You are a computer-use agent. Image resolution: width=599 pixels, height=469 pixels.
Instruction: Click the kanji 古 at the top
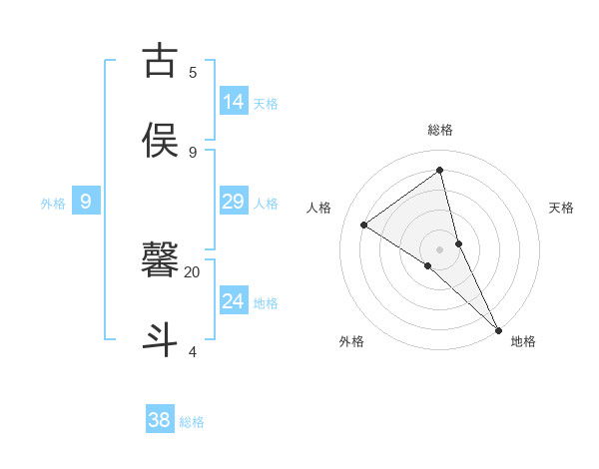point(161,61)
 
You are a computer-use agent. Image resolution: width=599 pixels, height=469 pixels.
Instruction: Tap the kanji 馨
point(161,259)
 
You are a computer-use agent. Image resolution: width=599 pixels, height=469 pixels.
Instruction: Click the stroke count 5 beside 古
point(193,72)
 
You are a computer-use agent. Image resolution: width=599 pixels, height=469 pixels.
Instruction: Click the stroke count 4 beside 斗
point(193,351)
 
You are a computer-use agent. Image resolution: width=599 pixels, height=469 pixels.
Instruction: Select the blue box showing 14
point(234,101)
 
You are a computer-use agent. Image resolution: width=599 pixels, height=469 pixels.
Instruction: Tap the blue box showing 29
point(234,201)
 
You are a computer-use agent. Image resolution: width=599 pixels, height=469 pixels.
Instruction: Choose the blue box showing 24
point(234,300)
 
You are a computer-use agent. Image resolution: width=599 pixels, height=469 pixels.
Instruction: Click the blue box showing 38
point(160,420)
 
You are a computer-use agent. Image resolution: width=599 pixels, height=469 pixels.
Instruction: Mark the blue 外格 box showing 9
point(86,201)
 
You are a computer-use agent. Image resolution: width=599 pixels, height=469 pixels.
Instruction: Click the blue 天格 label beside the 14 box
point(266,104)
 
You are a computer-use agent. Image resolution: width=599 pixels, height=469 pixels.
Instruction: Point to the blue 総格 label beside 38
point(192,423)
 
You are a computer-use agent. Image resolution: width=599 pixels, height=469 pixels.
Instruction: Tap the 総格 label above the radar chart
point(440,130)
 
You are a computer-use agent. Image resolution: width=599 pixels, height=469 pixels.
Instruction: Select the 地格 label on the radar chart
point(523,341)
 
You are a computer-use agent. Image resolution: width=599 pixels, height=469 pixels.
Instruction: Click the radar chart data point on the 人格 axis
point(364,225)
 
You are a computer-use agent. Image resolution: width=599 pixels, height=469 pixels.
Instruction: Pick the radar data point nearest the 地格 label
point(498,328)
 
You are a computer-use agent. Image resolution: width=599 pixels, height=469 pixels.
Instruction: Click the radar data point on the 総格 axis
point(440,171)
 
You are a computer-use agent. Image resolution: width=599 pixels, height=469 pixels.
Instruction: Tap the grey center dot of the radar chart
point(440,248)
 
